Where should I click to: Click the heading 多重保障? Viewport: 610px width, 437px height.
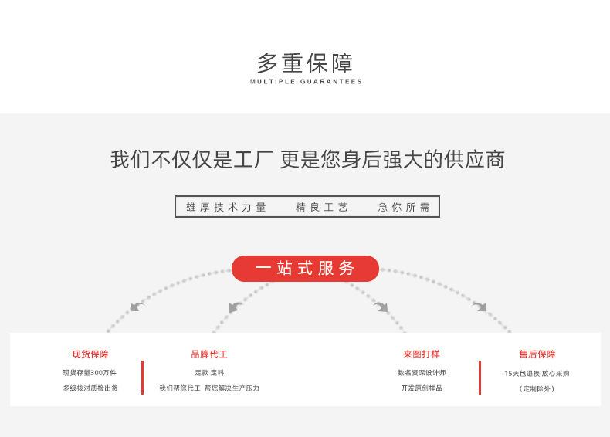click(305, 63)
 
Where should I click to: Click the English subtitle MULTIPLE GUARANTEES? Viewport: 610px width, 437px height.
click(306, 81)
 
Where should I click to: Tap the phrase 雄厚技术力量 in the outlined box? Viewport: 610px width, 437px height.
click(226, 207)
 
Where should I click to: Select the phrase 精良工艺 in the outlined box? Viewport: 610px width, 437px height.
click(322, 207)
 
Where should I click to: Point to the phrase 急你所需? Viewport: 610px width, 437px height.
click(404, 207)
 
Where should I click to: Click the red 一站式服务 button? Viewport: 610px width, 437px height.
click(305, 269)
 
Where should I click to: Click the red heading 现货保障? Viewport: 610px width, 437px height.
click(90, 354)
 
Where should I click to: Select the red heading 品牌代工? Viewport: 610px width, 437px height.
click(209, 354)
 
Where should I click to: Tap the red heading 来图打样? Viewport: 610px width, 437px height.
click(422, 354)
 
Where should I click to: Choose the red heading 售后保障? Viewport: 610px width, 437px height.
click(537, 354)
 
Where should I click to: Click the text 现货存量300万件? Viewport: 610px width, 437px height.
click(90, 373)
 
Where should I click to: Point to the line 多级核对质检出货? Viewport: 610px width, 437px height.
click(90, 388)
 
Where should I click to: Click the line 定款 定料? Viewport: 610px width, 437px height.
click(209, 373)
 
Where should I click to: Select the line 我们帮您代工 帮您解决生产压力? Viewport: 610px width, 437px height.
click(209, 388)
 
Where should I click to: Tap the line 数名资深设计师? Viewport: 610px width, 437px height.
click(422, 373)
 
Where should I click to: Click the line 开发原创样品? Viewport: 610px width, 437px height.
click(422, 388)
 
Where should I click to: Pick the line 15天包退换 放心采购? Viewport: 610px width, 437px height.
click(537, 374)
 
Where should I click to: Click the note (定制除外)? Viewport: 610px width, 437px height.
click(537, 389)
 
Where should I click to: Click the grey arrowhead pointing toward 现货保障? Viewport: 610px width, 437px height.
click(137, 307)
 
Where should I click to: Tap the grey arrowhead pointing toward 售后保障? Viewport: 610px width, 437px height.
click(480, 307)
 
